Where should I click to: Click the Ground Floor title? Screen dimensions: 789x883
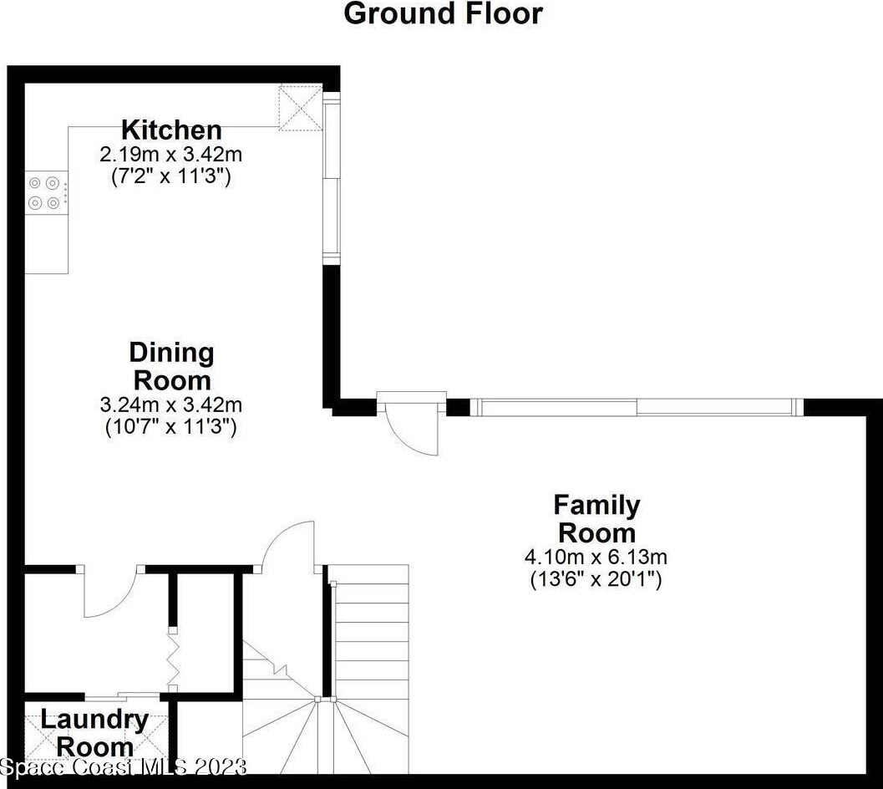coord(443,13)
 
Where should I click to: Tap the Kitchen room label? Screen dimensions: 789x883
coord(171,130)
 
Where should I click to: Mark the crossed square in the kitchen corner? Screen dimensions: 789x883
coord(301,107)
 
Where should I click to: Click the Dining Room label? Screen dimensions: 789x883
coord(172,366)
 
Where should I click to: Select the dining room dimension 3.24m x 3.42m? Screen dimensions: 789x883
coord(171,405)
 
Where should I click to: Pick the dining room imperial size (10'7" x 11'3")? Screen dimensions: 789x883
coord(171,426)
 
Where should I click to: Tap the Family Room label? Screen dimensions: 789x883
coord(596,518)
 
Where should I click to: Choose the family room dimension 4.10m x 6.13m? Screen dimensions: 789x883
coord(596,556)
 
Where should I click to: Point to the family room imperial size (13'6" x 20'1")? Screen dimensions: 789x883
coord(596,578)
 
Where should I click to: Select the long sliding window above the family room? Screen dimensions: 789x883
coord(637,407)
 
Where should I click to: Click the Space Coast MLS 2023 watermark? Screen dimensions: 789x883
coord(124,766)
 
